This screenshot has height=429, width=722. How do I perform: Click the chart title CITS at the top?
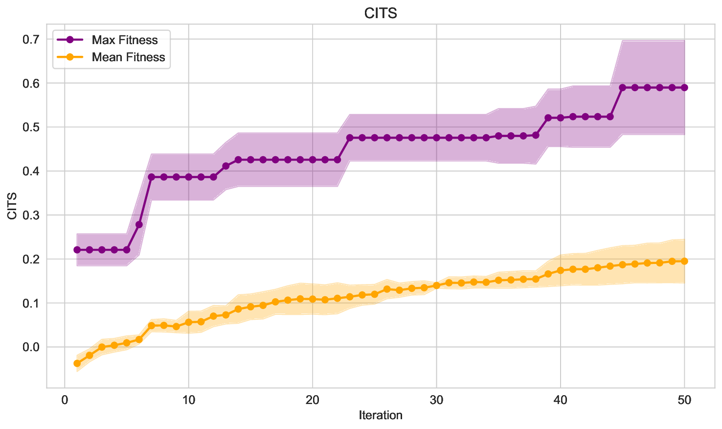381,13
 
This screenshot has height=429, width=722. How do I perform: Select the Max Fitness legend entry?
125,40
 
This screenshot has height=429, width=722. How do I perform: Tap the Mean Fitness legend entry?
128,57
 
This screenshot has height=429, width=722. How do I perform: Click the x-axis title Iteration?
381,416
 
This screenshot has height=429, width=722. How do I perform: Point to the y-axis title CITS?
12,206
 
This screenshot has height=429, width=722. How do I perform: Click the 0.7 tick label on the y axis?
31,39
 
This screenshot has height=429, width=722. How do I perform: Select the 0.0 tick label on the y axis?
31,347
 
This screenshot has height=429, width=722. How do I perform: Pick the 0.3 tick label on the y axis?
31,215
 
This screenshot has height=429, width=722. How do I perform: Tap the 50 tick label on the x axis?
684,400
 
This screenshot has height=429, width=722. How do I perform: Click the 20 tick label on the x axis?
313,400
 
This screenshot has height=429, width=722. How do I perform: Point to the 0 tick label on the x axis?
65,400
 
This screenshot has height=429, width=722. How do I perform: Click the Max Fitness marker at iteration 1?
77,250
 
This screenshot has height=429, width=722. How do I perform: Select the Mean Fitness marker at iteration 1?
77,363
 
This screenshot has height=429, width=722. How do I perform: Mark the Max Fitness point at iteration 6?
139,224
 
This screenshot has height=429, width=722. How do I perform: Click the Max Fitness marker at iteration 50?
684,88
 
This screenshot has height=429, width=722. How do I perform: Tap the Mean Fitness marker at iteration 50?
684,261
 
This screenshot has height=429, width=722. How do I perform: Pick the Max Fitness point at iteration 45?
622,88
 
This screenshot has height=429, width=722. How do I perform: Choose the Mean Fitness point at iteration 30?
436,286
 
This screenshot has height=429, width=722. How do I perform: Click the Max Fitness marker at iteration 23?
350,138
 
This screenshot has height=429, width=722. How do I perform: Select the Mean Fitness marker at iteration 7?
151,326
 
